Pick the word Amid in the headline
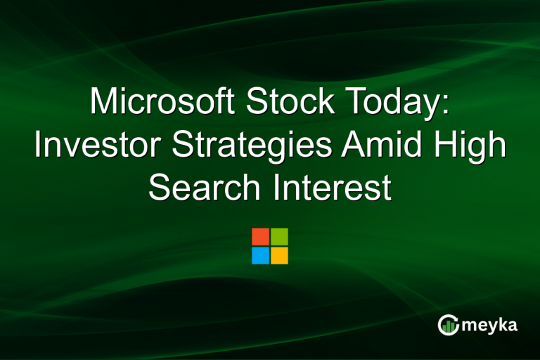377,146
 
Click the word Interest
328,188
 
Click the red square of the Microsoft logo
260,236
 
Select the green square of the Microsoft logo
279,236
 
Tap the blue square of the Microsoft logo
260,255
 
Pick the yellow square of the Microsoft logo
279,255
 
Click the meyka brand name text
491,325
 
